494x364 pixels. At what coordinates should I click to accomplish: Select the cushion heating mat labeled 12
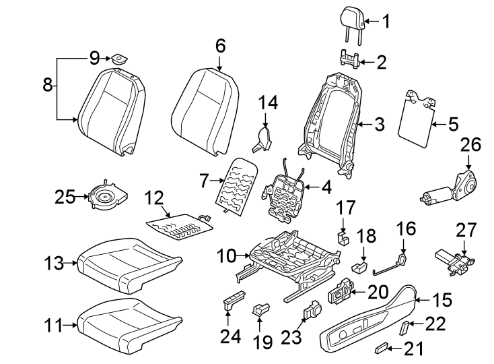click(x=178, y=225)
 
